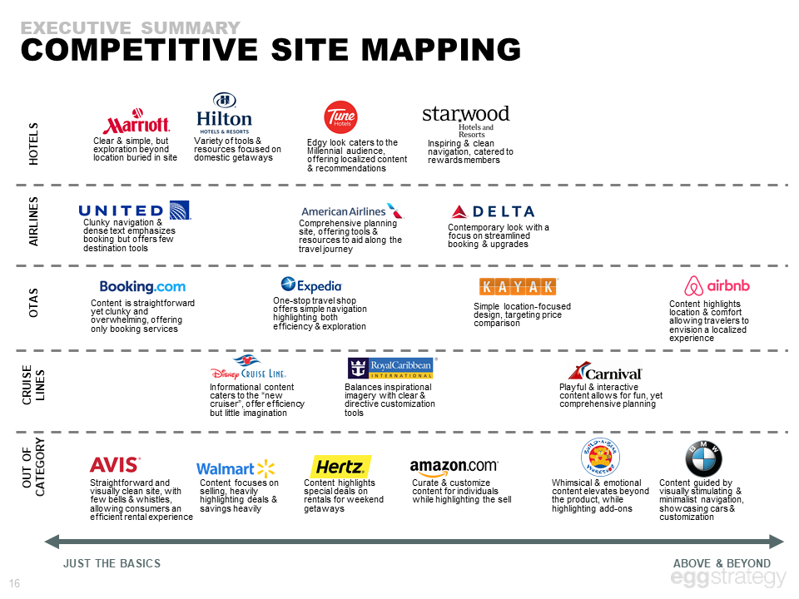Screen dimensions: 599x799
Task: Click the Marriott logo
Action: click(x=136, y=124)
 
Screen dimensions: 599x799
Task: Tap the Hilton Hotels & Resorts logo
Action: click(x=223, y=113)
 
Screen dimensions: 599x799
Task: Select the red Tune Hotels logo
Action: click(x=340, y=118)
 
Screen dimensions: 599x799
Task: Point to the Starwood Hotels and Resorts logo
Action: click(x=465, y=121)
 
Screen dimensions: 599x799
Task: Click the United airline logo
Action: click(x=134, y=210)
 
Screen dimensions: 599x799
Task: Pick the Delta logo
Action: click(x=492, y=211)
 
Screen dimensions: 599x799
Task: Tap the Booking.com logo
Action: click(x=142, y=287)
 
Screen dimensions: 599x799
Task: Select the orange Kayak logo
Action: click(x=518, y=286)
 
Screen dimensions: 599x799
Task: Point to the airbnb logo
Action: click(x=717, y=286)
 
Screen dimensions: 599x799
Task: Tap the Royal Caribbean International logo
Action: click(x=390, y=367)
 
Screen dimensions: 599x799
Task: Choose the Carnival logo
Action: click(x=604, y=372)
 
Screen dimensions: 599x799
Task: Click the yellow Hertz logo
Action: click(x=340, y=467)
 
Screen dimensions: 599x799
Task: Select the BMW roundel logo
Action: click(x=703, y=459)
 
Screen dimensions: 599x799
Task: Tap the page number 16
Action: click(x=14, y=582)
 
